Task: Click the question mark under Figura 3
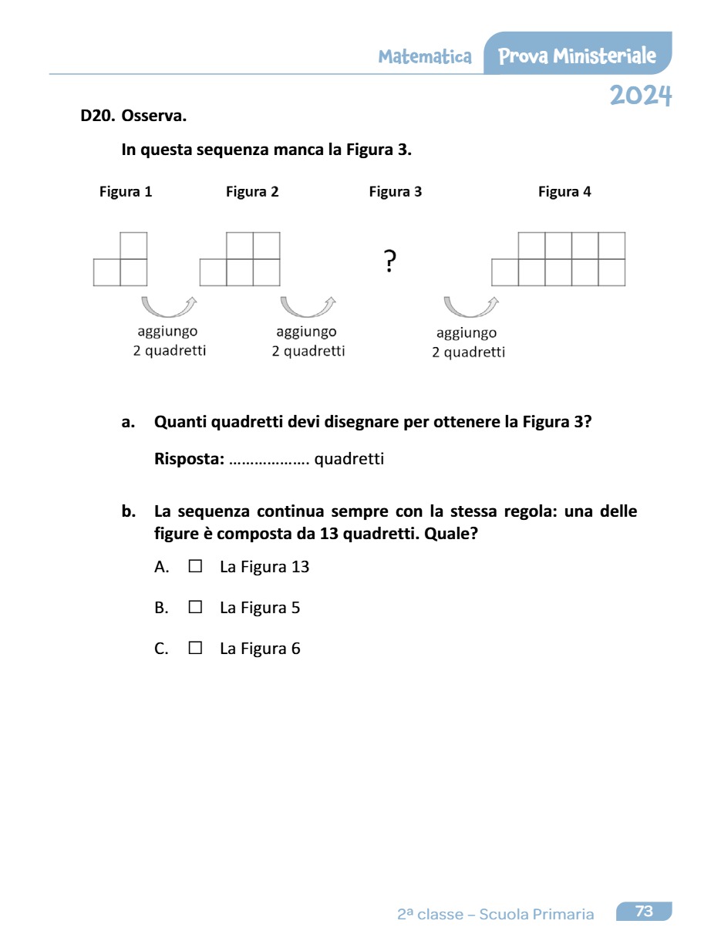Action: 390,261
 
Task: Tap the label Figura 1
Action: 126,192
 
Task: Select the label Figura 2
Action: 252,192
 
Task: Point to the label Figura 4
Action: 564,192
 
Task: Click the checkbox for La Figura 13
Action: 195,566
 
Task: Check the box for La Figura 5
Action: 195,607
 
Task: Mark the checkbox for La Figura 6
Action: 195,648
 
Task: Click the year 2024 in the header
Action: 641,96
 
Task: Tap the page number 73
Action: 644,912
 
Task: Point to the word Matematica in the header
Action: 425,56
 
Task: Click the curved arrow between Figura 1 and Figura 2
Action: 169,306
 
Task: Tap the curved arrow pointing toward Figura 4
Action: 470,306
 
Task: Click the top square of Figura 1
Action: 133,245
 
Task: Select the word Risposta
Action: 189,460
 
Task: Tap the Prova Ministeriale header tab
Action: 577,56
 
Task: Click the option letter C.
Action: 161,649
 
